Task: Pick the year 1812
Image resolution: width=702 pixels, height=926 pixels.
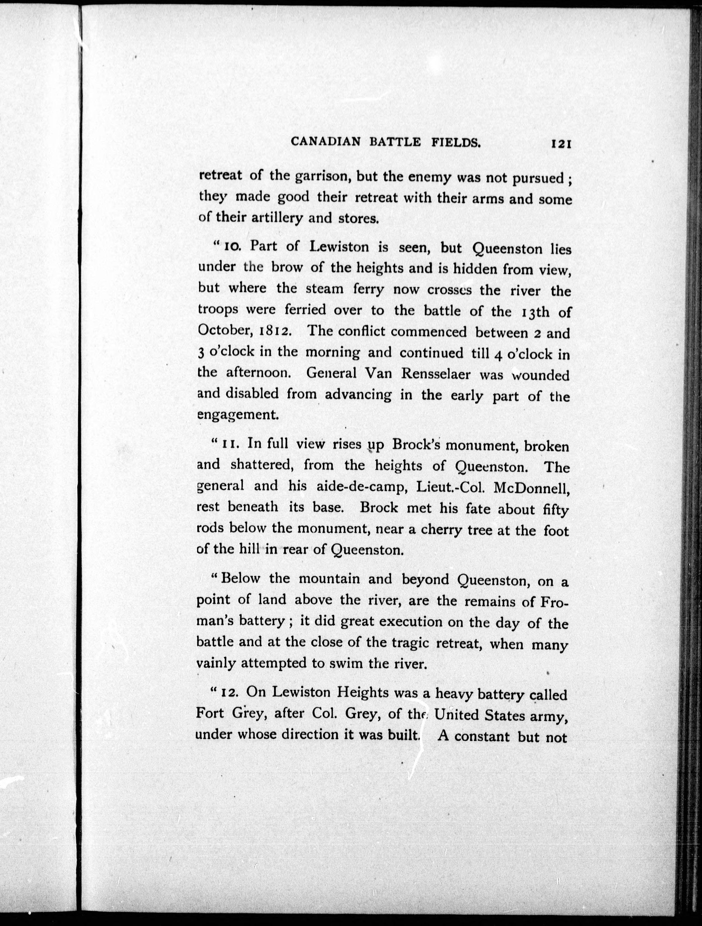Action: pyautogui.click(x=273, y=332)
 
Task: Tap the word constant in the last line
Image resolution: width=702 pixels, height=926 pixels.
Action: pyautogui.click(x=482, y=736)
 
